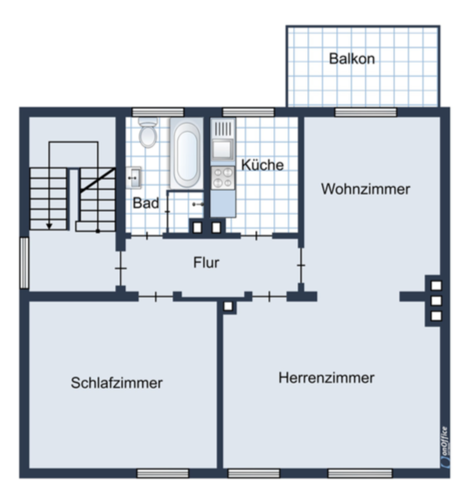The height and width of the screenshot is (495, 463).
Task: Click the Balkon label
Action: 352,59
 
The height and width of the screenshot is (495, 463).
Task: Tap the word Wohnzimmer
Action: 366,189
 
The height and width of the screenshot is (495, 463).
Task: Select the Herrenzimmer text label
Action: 327,377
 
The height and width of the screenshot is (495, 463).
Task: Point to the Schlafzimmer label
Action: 116,383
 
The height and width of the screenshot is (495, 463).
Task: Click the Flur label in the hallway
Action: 206,262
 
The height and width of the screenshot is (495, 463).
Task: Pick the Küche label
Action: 263,165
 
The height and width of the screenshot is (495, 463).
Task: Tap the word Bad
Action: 146,203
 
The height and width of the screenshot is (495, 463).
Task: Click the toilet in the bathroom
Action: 148,132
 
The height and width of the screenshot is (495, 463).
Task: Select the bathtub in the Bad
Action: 187,154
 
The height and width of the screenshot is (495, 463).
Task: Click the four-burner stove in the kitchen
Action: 223,178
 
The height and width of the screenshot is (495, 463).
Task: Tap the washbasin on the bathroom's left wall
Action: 133,178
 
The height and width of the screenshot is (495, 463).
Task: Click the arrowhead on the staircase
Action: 49,226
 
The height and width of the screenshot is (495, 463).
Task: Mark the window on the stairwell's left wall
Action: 24,263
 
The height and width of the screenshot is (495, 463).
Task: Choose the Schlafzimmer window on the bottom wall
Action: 163,473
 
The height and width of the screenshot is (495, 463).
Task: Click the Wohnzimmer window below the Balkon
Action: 366,112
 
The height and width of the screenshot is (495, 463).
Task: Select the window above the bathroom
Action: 158,112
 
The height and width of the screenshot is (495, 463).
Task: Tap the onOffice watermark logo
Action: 445,446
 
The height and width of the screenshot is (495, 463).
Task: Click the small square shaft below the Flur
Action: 228,306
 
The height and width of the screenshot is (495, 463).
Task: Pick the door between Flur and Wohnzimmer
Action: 301,265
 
